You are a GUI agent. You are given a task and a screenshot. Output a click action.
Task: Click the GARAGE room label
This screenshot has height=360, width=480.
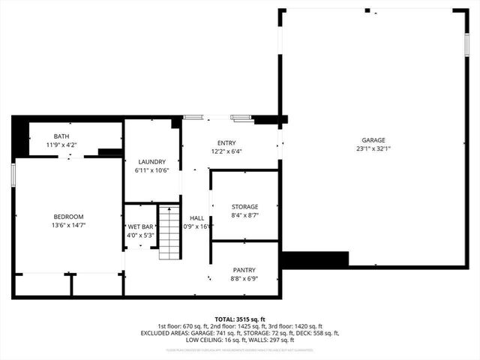(373, 140)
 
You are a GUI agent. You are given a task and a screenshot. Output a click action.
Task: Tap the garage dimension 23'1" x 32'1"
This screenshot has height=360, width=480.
(373, 148)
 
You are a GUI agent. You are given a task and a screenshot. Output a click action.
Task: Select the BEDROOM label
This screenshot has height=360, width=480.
(68, 217)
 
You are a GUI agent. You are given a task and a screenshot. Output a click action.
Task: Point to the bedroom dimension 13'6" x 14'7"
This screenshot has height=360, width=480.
(68, 225)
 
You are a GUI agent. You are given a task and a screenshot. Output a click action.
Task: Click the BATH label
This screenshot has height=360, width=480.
(61, 136)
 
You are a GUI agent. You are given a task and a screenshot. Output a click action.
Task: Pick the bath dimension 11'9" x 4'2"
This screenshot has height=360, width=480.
(61, 145)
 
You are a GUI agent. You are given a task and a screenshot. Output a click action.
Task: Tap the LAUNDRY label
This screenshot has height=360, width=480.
(151, 161)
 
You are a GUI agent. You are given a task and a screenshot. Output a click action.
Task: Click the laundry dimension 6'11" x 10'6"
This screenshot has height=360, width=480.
(151, 169)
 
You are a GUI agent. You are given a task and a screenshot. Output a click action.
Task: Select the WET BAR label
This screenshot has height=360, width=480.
(140, 226)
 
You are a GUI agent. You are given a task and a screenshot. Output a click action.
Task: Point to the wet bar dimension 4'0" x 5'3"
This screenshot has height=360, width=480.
(140, 234)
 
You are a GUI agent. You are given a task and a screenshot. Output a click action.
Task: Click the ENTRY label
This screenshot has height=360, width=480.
(226, 142)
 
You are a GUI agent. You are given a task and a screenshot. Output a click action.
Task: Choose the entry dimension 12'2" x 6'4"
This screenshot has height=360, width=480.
(226, 151)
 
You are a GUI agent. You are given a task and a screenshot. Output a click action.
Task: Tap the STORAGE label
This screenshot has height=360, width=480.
(244, 206)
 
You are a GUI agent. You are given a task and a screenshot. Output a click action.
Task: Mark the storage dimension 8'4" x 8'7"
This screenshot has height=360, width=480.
(244, 214)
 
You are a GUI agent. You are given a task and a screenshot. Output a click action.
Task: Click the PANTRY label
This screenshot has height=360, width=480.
(244, 270)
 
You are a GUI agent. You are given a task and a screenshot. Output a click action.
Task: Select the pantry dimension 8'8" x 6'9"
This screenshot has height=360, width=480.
(244, 278)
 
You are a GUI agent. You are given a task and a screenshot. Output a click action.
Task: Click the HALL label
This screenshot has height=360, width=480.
(196, 217)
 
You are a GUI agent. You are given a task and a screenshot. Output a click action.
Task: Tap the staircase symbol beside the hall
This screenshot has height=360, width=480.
(169, 232)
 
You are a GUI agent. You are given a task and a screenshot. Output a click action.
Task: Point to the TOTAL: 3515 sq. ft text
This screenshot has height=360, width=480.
(240, 319)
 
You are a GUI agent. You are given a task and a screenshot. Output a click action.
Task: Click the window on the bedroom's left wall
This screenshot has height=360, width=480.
(13, 172)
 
